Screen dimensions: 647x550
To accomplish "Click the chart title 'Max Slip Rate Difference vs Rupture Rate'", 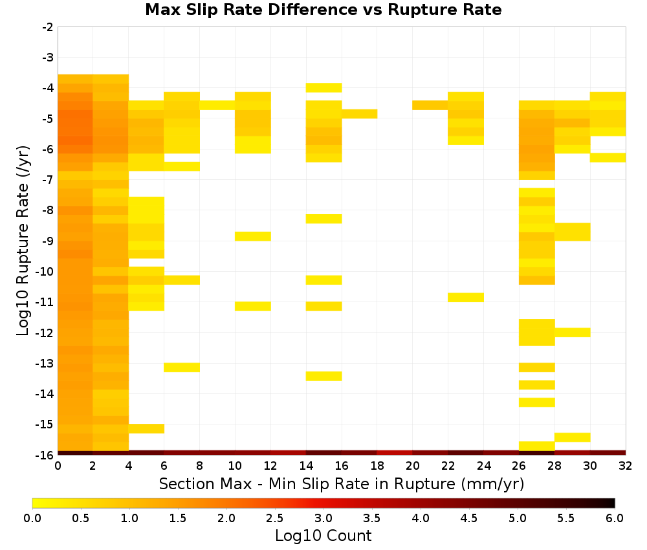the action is click(x=323, y=10).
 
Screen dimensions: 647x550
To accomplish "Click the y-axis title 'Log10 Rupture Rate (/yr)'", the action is click(x=23, y=241).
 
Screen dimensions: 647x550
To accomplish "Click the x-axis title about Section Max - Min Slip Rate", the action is click(x=342, y=484).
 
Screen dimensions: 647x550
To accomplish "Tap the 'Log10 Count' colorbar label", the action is click(x=323, y=536).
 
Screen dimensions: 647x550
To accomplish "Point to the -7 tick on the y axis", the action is click(x=48, y=180).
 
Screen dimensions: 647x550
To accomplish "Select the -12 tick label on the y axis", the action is click(x=45, y=333).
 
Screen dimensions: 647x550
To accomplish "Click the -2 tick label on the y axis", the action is click(x=48, y=27).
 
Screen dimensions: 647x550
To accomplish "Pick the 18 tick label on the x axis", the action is click(x=377, y=466).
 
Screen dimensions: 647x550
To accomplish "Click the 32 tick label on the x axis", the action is click(x=626, y=466).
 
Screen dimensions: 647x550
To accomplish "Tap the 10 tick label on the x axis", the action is click(x=236, y=466).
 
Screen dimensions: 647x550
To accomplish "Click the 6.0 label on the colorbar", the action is click(x=615, y=518).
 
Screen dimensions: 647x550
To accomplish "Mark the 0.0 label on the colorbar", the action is click(x=32, y=518).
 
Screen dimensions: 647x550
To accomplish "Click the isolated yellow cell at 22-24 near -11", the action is click(x=466, y=298).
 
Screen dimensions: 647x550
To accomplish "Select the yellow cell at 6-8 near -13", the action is click(x=182, y=368).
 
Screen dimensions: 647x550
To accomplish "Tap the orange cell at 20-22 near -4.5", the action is click(x=430, y=105).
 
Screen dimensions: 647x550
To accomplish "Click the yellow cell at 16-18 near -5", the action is click(x=359, y=114).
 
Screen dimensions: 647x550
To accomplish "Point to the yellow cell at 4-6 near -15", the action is click(x=146, y=429).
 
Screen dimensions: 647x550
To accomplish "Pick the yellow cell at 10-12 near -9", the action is click(x=253, y=236).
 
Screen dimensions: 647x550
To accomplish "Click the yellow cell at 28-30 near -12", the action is click(x=573, y=333).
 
